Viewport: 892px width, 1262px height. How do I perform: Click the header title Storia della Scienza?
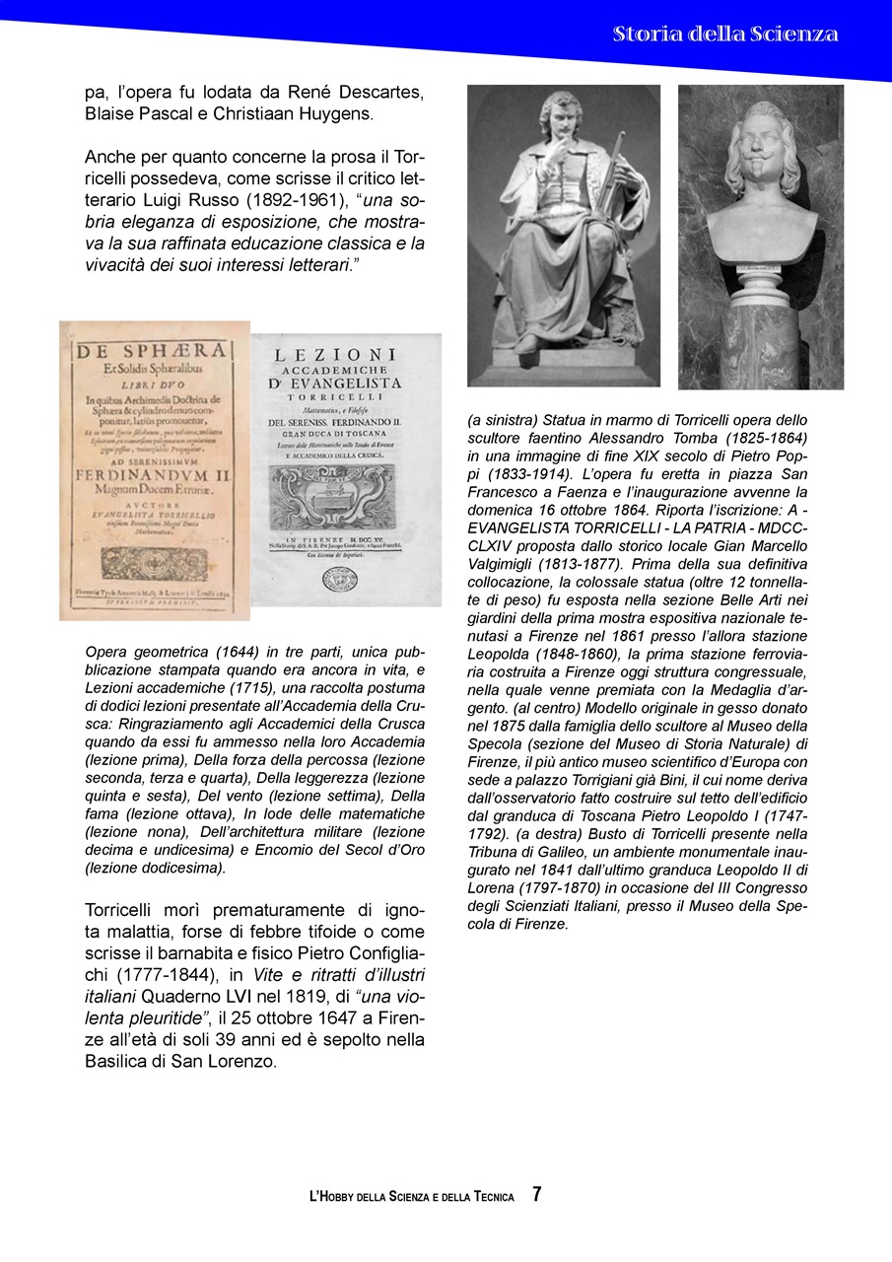tap(724, 34)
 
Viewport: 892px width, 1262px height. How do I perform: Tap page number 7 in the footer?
tap(537, 1194)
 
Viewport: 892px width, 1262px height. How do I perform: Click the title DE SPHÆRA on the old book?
tap(154, 349)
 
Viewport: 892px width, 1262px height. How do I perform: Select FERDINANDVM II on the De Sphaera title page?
tap(156, 473)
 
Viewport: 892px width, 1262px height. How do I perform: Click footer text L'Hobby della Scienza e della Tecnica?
tap(412, 1197)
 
